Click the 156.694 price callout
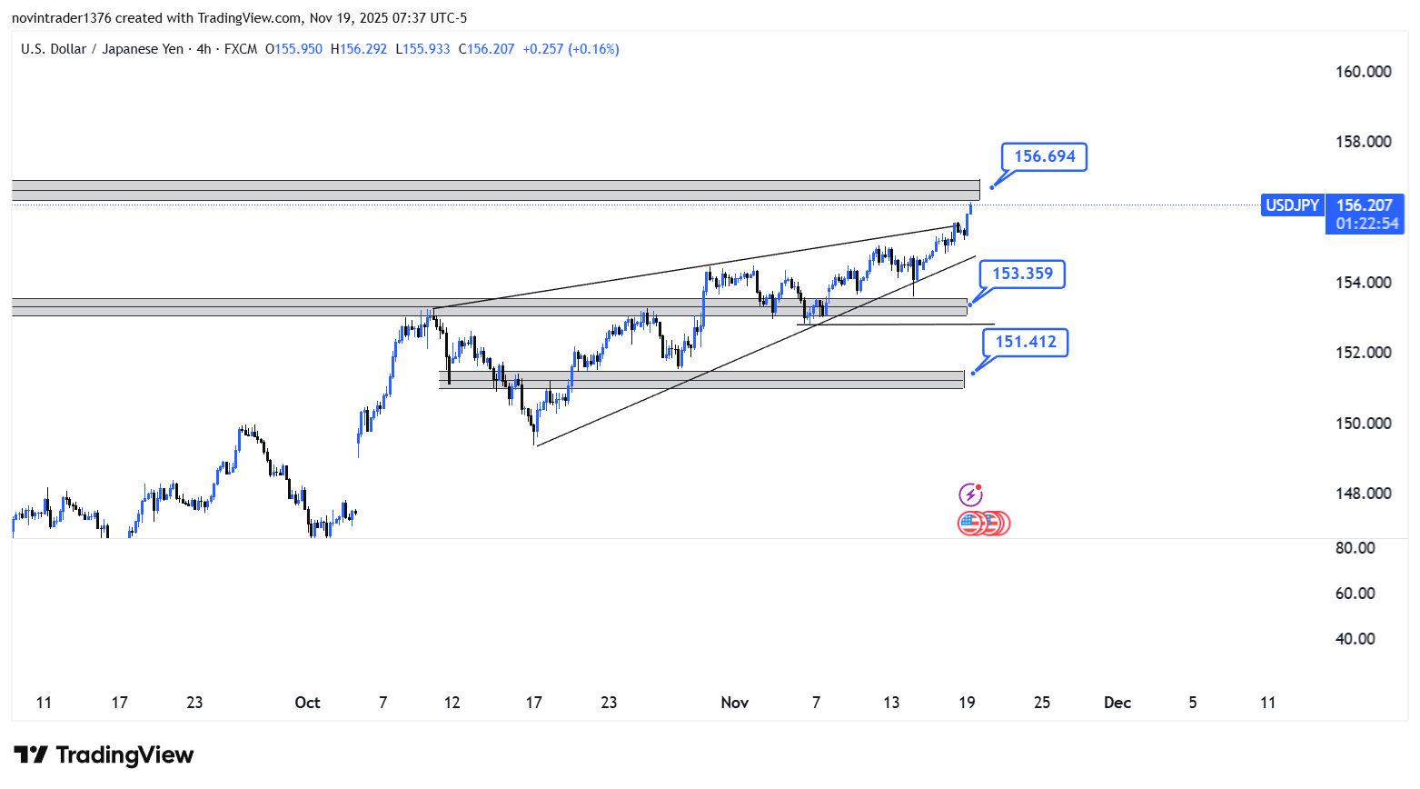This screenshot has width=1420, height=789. click(x=1044, y=156)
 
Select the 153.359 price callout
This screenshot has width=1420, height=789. click(x=1022, y=274)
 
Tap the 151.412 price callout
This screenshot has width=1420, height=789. click(x=1026, y=342)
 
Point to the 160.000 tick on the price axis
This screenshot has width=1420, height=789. click(x=1363, y=72)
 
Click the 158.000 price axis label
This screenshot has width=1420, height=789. click(x=1363, y=142)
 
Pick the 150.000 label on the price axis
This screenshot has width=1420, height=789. click(x=1363, y=424)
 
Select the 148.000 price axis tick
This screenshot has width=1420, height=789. click(x=1363, y=494)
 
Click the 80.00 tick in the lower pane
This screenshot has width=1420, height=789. click(x=1355, y=548)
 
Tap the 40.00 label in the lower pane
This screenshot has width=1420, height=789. click(x=1355, y=639)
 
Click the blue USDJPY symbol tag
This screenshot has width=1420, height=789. click(x=1292, y=205)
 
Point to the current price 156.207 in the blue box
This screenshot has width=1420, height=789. click(x=1364, y=205)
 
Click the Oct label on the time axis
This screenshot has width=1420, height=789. click(x=307, y=703)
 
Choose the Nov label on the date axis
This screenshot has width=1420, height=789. click(x=734, y=703)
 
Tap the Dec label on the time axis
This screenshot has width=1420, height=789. click(x=1117, y=703)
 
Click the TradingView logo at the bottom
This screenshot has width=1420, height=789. click(x=104, y=755)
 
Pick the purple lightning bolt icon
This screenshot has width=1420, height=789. click(x=970, y=494)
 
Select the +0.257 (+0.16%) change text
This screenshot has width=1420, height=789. click(x=571, y=49)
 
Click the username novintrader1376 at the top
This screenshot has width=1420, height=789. click(x=61, y=18)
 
